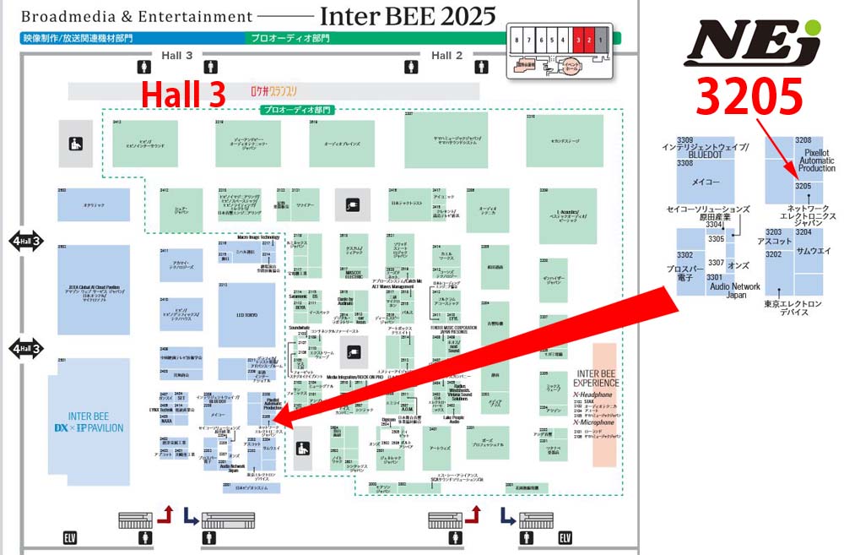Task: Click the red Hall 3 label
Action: click(x=183, y=95)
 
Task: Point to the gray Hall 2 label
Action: click(x=447, y=56)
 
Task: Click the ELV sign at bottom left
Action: click(x=70, y=536)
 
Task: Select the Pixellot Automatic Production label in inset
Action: click(x=816, y=158)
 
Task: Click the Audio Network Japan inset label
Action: click(x=735, y=291)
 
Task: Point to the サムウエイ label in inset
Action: click(x=814, y=251)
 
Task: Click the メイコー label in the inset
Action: click(x=706, y=182)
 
